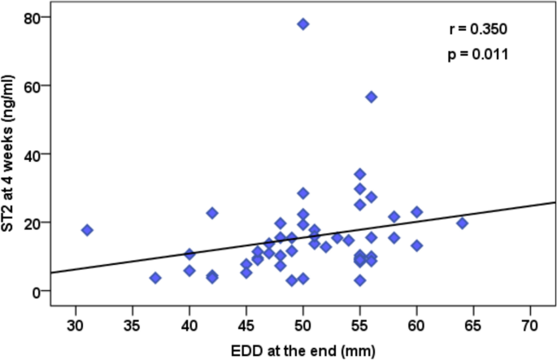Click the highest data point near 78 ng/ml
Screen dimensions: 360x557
(x=303, y=24)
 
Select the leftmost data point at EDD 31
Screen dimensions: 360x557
(x=87, y=230)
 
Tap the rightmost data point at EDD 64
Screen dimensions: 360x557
(x=462, y=223)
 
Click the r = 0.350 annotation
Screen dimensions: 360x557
(x=478, y=30)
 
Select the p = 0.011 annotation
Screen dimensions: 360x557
(x=478, y=55)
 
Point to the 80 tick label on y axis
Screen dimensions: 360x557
(x=33, y=17)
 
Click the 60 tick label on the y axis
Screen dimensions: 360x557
(x=33, y=85)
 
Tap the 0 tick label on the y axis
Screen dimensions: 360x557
(x=37, y=291)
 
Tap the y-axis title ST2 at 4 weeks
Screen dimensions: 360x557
(x=11, y=154)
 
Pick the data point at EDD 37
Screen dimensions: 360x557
(x=155, y=278)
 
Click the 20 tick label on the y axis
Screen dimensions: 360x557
(x=33, y=223)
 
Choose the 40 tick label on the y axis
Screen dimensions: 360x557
(x=33, y=154)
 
